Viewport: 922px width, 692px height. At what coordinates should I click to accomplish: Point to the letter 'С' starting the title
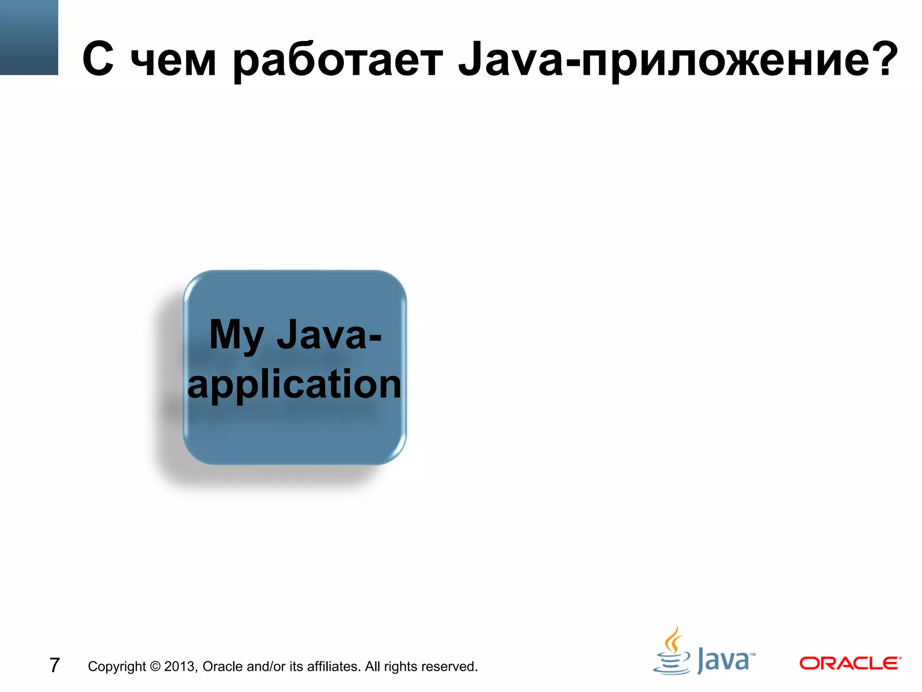click(x=98, y=59)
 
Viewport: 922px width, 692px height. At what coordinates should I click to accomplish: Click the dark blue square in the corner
click(x=29, y=37)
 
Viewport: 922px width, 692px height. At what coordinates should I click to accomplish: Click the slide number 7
click(x=54, y=665)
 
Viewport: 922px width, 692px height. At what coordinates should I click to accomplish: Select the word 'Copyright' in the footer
click(x=117, y=666)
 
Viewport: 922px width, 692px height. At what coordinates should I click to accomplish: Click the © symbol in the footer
click(x=155, y=666)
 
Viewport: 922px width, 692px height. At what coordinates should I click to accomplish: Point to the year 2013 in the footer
click(x=181, y=666)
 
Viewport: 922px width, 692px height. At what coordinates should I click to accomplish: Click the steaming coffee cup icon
click(x=672, y=651)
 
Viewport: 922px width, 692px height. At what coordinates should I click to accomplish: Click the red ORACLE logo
click(x=850, y=663)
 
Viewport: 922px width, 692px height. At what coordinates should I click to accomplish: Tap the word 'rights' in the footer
click(x=401, y=666)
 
